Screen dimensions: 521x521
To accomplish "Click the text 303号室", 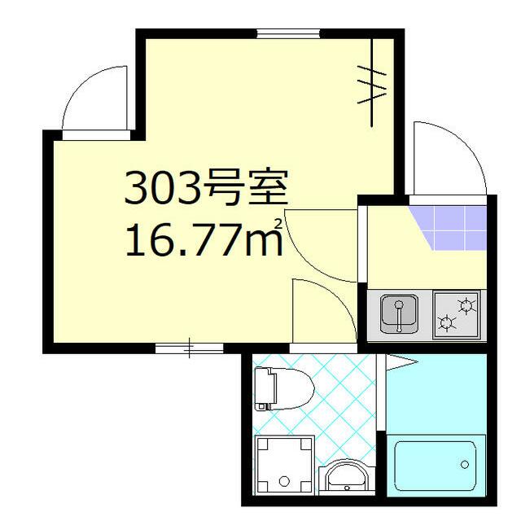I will point(205,189).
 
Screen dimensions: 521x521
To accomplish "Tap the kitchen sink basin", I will point(399,314).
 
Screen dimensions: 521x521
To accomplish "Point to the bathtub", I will point(436,466).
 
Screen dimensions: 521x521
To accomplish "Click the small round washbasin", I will point(346,476).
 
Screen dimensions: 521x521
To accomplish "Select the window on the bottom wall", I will point(189,348).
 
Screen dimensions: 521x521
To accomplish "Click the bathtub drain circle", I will point(464,464).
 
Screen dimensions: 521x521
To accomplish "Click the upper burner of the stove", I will point(466,306).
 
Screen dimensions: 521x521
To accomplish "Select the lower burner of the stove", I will point(447,325).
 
